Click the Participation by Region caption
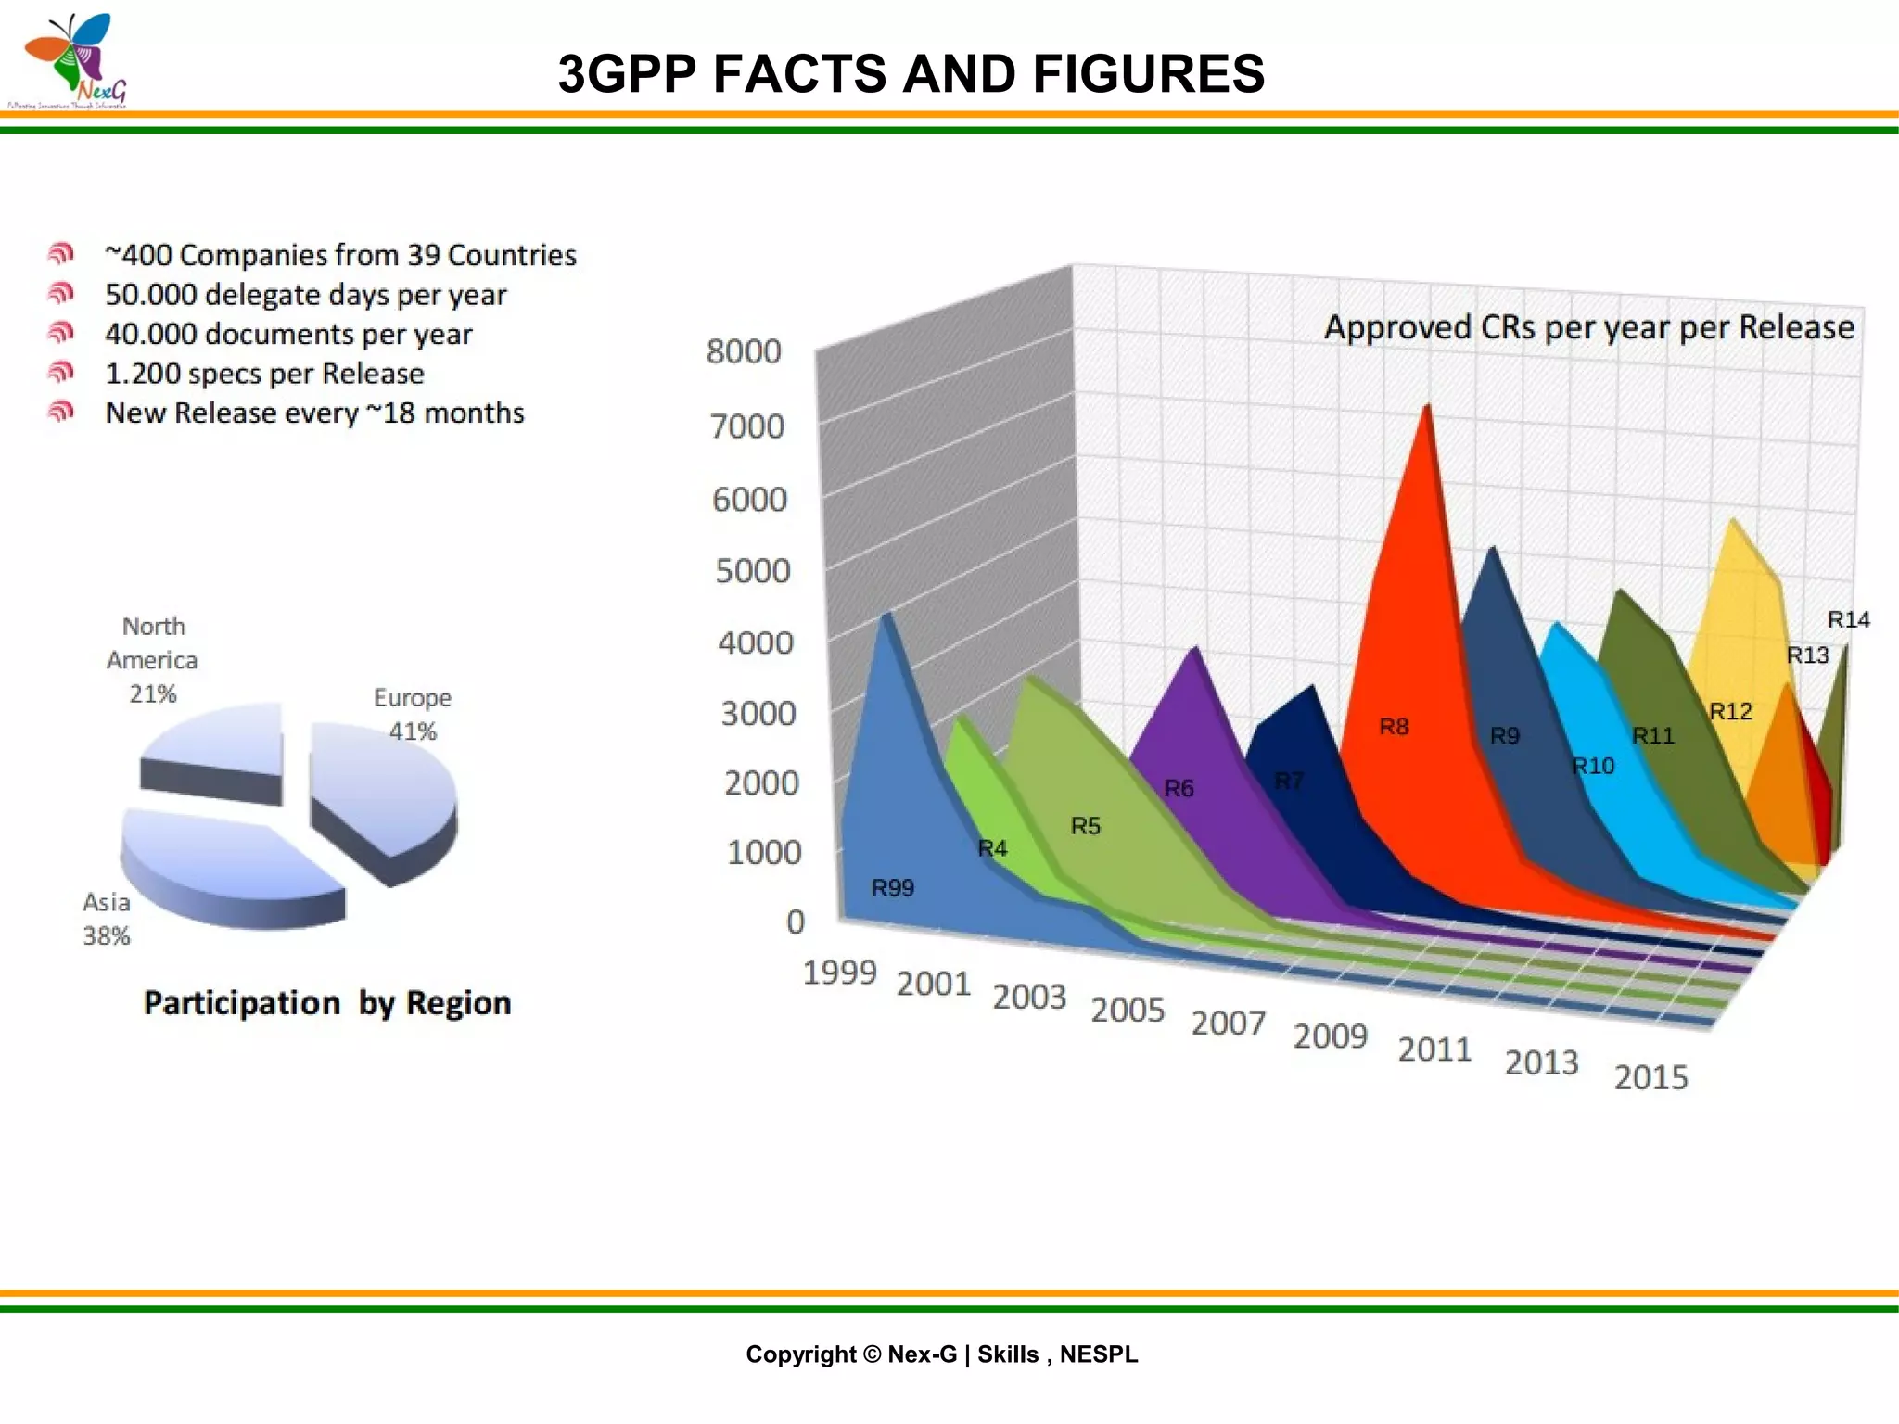pos(327,1003)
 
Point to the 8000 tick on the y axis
pos(744,352)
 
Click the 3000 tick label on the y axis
pos(758,714)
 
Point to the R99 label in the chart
pos(892,888)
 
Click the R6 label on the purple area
pos(1179,789)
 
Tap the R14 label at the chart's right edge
pos(1848,620)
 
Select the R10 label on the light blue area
pos(1593,767)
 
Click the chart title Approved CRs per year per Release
pos(1588,328)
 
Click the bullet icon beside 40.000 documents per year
pos(60,333)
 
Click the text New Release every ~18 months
pos(314,413)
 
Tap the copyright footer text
pos(941,1354)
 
